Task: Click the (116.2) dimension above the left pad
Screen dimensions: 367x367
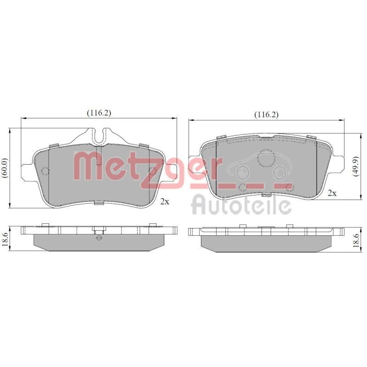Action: coord(99,113)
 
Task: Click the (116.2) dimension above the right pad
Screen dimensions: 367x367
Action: coord(267,115)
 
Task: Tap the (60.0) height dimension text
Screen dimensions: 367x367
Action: coord(5,169)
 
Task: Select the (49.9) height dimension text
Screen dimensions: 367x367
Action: coord(356,166)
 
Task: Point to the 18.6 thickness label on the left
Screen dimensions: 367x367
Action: coord(5,239)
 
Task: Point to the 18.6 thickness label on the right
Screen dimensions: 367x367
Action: coord(356,240)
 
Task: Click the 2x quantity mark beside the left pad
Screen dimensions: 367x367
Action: coord(165,201)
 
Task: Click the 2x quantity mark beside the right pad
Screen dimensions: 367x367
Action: coord(332,193)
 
